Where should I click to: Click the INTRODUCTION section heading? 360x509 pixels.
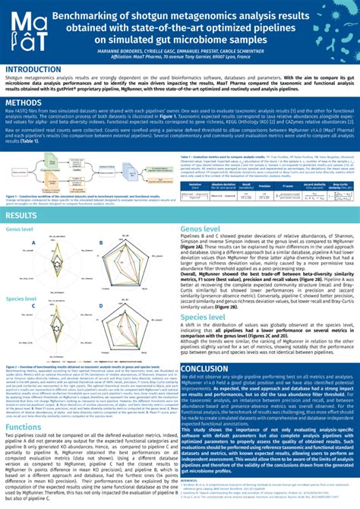(37, 68)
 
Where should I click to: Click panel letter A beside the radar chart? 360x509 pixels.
(34, 242)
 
